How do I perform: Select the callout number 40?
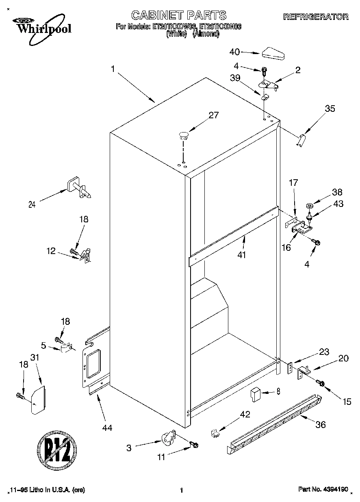235,52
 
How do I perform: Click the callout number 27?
213,115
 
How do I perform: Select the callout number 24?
32,205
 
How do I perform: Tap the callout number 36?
321,425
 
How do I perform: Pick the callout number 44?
107,427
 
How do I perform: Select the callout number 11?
161,457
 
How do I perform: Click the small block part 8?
255,394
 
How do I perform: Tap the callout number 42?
245,415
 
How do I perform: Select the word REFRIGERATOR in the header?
315,17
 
